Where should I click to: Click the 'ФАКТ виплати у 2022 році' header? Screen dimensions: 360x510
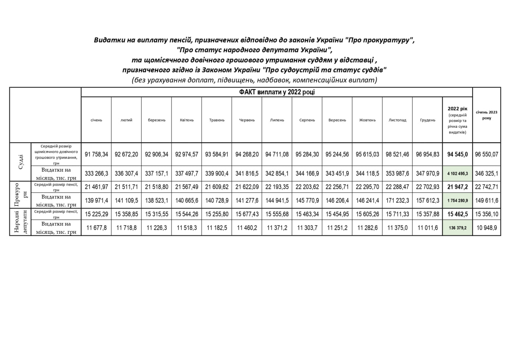277,92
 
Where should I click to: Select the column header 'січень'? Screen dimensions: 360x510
96,120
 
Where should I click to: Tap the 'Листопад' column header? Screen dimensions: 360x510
397,120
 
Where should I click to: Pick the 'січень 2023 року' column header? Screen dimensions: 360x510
486,115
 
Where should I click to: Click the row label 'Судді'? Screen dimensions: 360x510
20,162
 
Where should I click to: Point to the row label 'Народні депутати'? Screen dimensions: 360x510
20,221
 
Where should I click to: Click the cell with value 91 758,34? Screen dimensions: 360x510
96,154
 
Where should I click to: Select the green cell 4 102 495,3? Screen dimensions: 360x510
457,174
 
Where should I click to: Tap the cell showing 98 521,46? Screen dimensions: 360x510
397,154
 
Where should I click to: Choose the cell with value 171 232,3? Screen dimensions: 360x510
397,200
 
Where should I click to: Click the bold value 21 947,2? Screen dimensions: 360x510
457,187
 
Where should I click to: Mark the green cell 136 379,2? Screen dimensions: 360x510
457,228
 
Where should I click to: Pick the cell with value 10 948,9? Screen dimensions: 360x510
486,228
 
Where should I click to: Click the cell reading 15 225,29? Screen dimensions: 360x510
96,214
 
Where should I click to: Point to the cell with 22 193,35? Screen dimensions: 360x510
277,187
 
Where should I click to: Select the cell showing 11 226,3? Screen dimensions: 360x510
157,228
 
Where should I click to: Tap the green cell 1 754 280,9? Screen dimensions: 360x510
457,200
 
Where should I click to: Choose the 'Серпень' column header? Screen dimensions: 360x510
307,120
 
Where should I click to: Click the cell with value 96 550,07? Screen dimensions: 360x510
486,154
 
